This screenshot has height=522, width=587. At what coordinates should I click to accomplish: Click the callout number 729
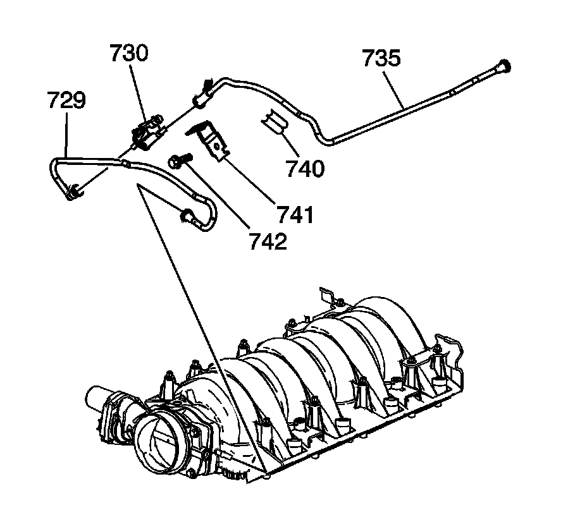tap(67, 101)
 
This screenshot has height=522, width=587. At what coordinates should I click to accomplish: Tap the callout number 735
tap(381, 59)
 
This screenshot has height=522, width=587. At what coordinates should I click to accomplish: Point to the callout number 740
tap(304, 169)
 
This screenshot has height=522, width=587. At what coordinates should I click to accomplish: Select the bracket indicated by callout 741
tap(213, 142)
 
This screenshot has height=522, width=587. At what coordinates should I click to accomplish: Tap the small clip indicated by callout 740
tap(273, 121)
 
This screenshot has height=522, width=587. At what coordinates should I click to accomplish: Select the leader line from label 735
tap(393, 88)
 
